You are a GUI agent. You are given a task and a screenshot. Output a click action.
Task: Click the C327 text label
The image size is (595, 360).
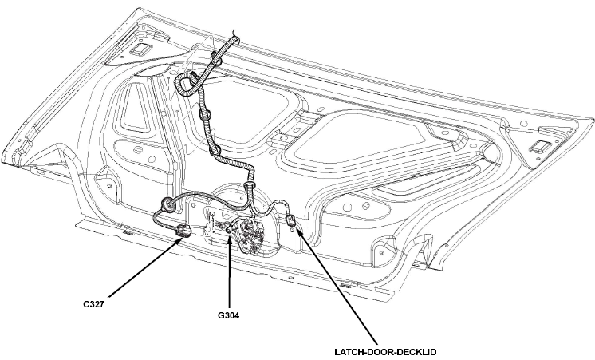tap(93, 304)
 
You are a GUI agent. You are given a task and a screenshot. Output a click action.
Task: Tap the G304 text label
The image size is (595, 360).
tap(228, 315)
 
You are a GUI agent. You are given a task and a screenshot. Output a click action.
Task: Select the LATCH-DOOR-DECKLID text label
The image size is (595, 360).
tap(385, 352)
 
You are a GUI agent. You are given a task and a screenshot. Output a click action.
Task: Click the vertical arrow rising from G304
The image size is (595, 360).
tap(230, 271)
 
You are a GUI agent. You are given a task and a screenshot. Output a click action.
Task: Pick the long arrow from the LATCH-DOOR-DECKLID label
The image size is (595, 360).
tap(337, 287)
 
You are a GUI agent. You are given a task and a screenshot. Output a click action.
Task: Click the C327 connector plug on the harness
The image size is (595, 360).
tap(184, 231)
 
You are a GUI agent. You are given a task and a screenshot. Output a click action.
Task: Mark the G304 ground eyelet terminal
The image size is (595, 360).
tap(229, 230)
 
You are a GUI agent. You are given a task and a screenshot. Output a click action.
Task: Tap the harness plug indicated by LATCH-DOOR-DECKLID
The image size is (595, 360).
tap(290, 220)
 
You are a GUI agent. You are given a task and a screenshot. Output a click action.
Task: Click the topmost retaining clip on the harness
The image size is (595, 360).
tap(217, 58)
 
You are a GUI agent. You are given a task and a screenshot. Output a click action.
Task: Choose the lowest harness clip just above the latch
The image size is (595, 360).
tap(250, 186)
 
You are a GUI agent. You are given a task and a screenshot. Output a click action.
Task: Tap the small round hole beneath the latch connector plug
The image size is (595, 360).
tap(291, 229)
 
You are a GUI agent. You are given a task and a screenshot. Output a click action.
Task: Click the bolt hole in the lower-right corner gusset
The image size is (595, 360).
tap(382, 252)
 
